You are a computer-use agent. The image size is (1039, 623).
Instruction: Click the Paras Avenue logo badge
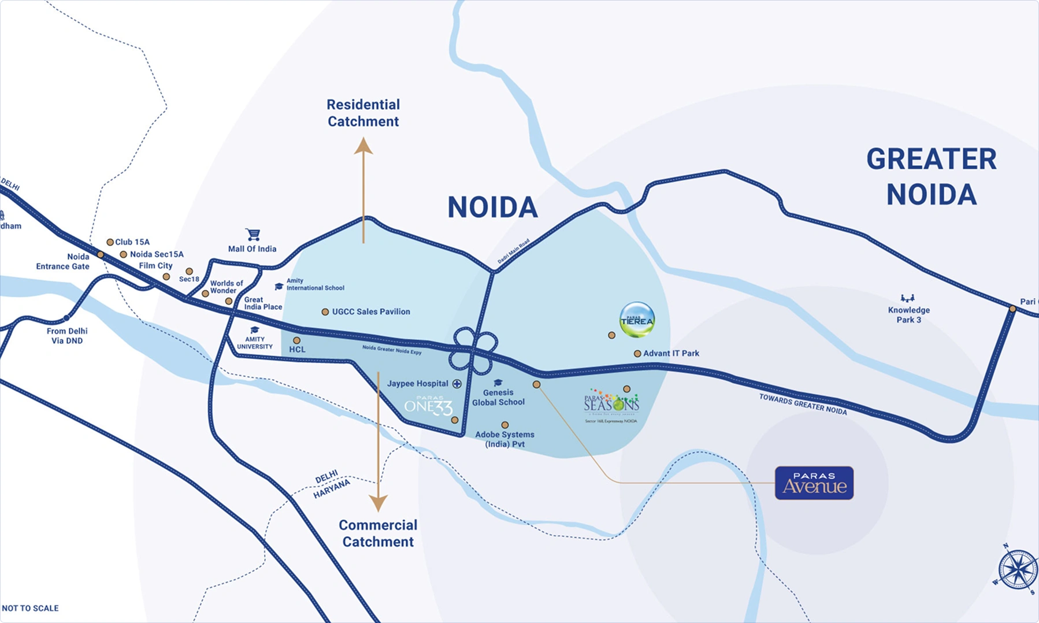pyautogui.click(x=814, y=483)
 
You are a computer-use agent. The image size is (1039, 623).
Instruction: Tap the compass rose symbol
pyautogui.click(x=1018, y=570)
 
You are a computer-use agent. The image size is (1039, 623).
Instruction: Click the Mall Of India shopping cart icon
pyautogui.click(x=253, y=234)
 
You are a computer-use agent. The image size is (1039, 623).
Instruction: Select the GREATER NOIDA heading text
pyautogui.click(x=932, y=176)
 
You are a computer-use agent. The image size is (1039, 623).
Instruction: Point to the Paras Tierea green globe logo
pyautogui.click(x=637, y=320)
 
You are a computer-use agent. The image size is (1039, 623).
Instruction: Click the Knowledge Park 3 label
pyautogui.click(x=908, y=314)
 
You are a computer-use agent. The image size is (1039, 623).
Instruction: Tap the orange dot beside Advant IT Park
pyautogui.click(x=637, y=354)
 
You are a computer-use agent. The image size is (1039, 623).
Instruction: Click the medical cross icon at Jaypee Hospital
pyautogui.click(x=457, y=384)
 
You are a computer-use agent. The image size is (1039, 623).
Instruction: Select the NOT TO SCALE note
pyautogui.click(x=31, y=608)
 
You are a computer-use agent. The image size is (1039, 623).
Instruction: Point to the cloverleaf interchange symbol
pyautogui.click(x=473, y=350)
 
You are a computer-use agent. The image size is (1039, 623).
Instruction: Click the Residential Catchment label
pyautogui.click(x=363, y=113)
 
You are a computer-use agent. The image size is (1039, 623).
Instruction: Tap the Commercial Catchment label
pyautogui.click(x=378, y=533)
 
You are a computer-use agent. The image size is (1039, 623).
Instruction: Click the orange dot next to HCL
pyautogui.click(x=296, y=340)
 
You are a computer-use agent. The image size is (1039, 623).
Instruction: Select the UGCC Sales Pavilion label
pyautogui.click(x=371, y=311)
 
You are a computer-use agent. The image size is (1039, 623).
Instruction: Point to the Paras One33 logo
pyautogui.click(x=428, y=406)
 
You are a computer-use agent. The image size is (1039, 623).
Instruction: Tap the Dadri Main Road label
pyautogui.click(x=514, y=251)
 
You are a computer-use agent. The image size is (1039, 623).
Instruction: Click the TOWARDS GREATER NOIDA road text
pyautogui.click(x=803, y=404)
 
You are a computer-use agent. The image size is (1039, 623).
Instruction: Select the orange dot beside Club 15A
pyautogui.click(x=110, y=242)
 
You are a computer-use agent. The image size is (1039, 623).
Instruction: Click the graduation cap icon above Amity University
pyautogui.click(x=254, y=330)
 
